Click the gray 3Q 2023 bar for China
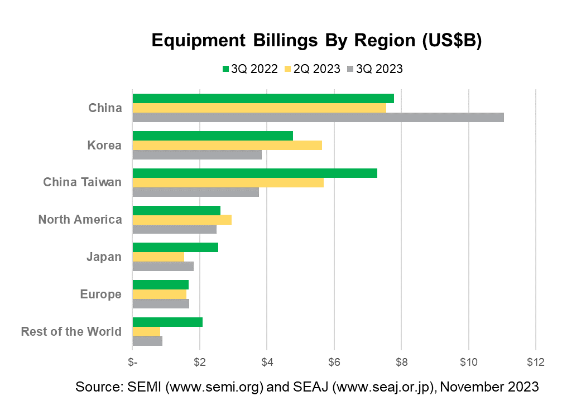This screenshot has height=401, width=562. (318, 117)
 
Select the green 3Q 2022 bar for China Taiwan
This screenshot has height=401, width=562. (255, 173)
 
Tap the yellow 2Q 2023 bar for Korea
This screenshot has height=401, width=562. (227, 145)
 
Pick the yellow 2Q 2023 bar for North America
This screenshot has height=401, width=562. (182, 220)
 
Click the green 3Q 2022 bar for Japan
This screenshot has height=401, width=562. (175, 248)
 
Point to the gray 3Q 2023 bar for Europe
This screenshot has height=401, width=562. (161, 304)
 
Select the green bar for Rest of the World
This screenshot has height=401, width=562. (167, 322)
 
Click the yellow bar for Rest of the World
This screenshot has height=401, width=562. (146, 332)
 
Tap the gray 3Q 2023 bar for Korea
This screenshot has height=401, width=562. (197, 154)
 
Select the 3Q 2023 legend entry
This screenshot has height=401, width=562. (374, 69)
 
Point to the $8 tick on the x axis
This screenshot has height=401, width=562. (401, 361)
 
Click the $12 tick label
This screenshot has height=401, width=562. (536, 361)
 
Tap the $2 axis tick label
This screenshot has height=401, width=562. (200, 361)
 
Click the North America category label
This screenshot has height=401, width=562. (80, 220)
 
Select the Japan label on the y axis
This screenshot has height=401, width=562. (104, 257)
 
